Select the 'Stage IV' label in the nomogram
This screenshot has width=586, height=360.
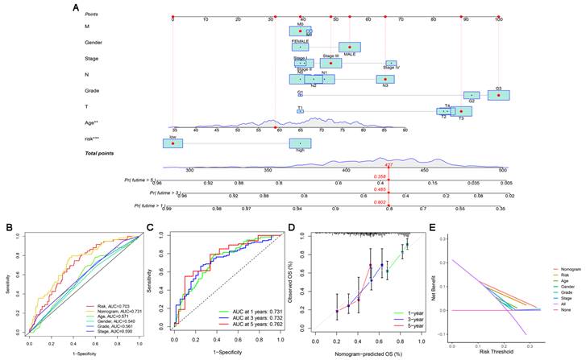[x=391, y=68]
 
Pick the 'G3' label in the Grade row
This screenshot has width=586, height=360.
[x=499, y=89]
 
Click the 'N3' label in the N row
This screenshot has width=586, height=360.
[x=384, y=85]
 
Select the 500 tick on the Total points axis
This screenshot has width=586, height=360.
[x=501, y=171]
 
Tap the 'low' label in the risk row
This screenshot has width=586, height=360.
[x=172, y=137]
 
